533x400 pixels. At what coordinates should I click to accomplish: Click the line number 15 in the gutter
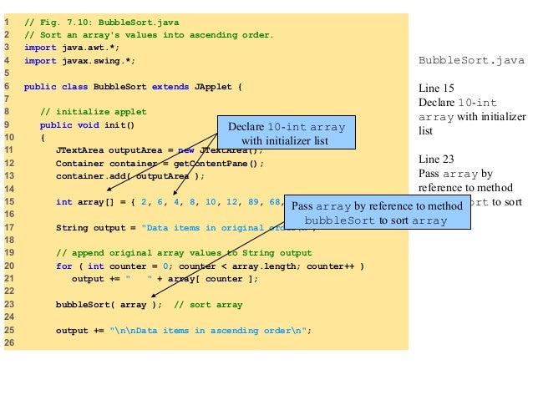(7, 201)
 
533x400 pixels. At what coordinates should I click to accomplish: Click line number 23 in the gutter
(7, 305)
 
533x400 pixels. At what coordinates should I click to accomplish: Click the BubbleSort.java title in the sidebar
(471, 60)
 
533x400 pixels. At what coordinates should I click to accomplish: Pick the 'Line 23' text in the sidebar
(436, 159)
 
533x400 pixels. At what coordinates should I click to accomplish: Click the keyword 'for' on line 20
(64, 266)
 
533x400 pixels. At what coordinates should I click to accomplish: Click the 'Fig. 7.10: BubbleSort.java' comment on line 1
(106, 22)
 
